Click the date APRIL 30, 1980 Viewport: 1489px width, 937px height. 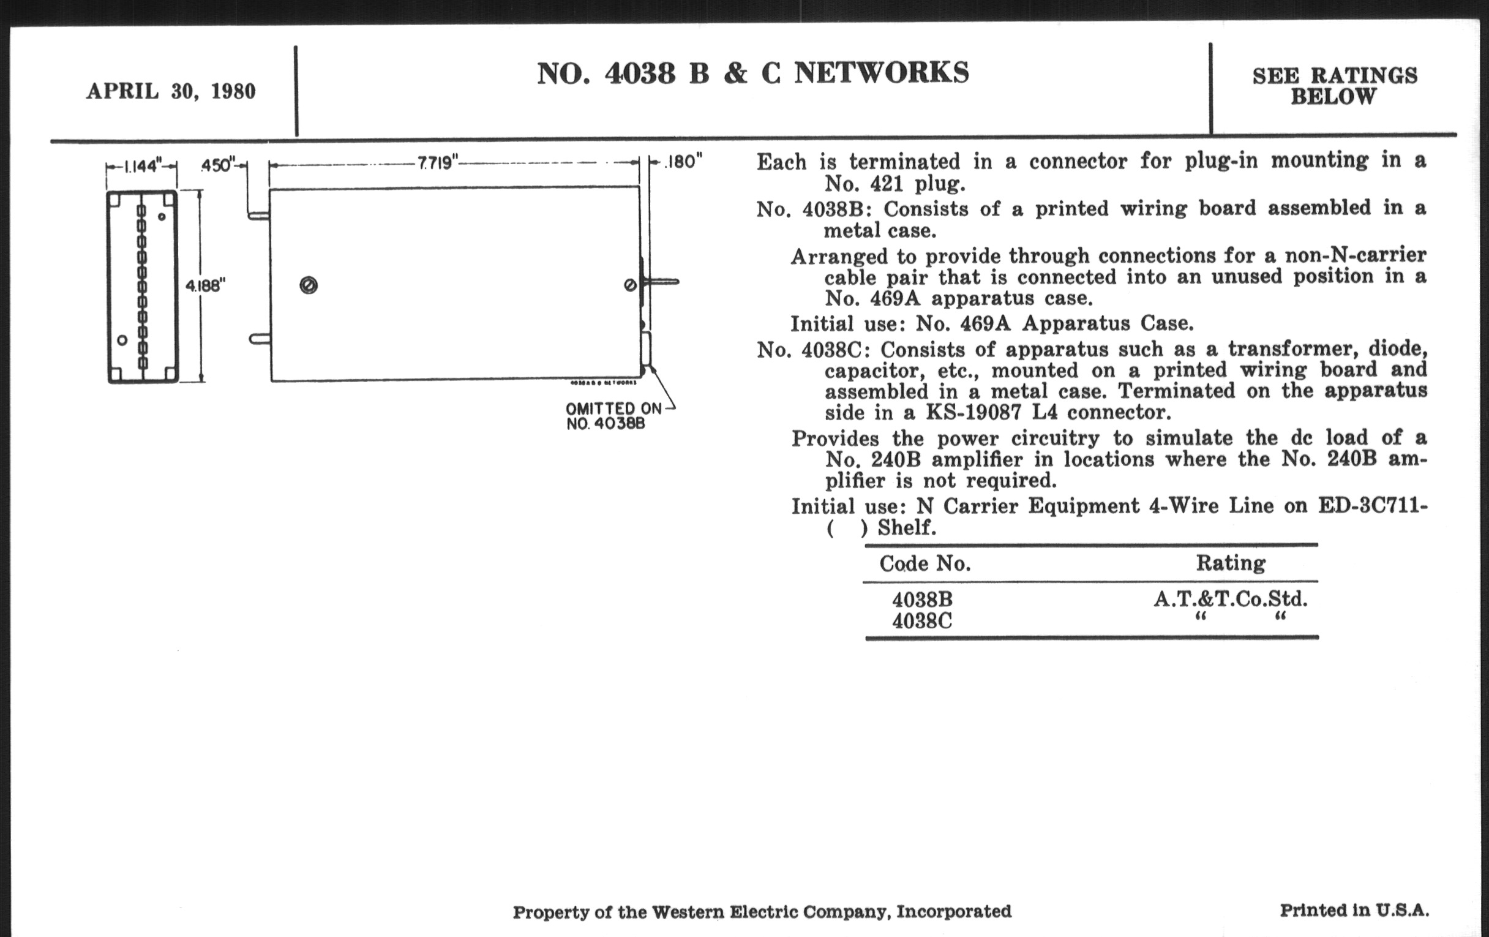point(171,91)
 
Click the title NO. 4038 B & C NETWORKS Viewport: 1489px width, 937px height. point(752,73)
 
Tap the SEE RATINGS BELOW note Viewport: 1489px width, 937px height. point(1335,86)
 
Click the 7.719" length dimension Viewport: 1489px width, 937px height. point(437,163)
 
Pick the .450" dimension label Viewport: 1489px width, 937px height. point(218,166)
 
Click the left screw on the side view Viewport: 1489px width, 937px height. point(309,285)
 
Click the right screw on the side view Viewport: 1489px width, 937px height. point(630,285)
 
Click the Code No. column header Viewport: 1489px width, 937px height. point(925,563)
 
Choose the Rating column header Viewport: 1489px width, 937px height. point(1230,563)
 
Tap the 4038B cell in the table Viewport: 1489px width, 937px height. point(921,600)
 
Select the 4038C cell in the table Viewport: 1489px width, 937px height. point(921,620)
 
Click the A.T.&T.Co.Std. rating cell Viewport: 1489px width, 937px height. point(1230,599)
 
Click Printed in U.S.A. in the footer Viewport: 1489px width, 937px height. point(1354,911)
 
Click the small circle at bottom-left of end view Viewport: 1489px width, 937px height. point(122,340)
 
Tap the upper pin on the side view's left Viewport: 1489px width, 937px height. point(258,216)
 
